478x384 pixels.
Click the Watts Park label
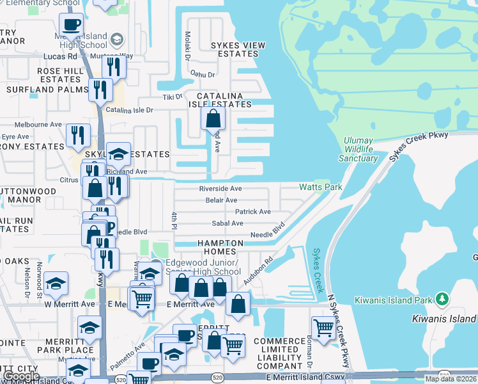coord(320,188)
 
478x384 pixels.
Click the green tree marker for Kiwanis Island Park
coord(441,299)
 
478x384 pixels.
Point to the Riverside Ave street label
coord(220,189)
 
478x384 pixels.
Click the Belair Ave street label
coord(221,200)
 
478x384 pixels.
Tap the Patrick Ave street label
coord(252,212)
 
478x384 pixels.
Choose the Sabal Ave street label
coord(227,223)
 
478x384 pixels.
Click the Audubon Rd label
coord(258,271)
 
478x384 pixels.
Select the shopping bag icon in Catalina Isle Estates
coord(213,119)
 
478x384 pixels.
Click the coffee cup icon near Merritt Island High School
coord(71,26)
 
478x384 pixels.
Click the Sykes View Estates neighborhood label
coord(238,50)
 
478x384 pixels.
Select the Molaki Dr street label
coord(188,45)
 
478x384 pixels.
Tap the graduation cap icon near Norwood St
coord(56,284)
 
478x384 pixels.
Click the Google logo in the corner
coord(20,376)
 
